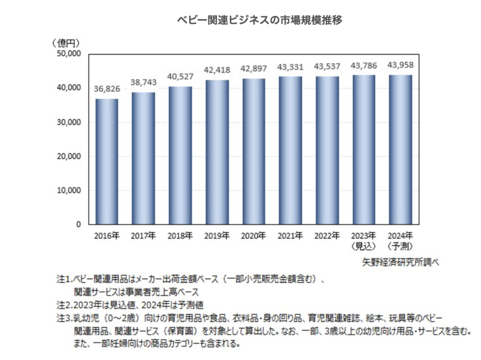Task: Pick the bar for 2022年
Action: pos(327,150)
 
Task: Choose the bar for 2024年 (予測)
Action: pos(401,149)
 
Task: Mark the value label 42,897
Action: pos(254,70)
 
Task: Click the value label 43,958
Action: pos(401,66)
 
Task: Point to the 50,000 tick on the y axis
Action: pos(69,54)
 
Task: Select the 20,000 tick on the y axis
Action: pos(69,156)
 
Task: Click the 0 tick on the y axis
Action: pos(78,224)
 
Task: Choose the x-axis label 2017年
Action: pos(143,235)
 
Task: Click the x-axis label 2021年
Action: pos(290,235)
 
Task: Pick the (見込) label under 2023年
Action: pos(364,245)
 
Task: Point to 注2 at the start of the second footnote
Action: pos(64,304)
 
